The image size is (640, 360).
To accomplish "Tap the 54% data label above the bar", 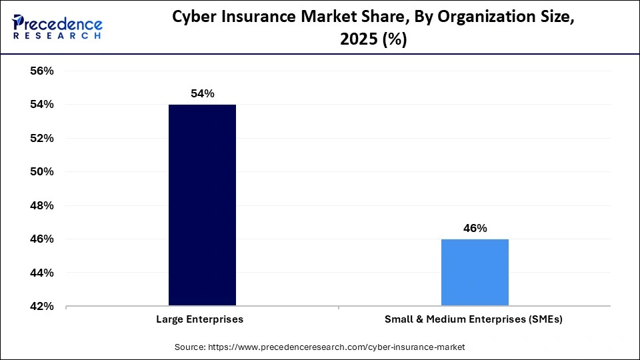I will click(202, 94).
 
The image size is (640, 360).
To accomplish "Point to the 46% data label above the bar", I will click(475, 228).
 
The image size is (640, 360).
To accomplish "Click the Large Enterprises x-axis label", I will click(199, 319).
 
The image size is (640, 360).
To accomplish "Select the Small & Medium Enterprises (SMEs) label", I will click(473, 319).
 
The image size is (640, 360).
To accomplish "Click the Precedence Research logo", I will click(57, 27).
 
